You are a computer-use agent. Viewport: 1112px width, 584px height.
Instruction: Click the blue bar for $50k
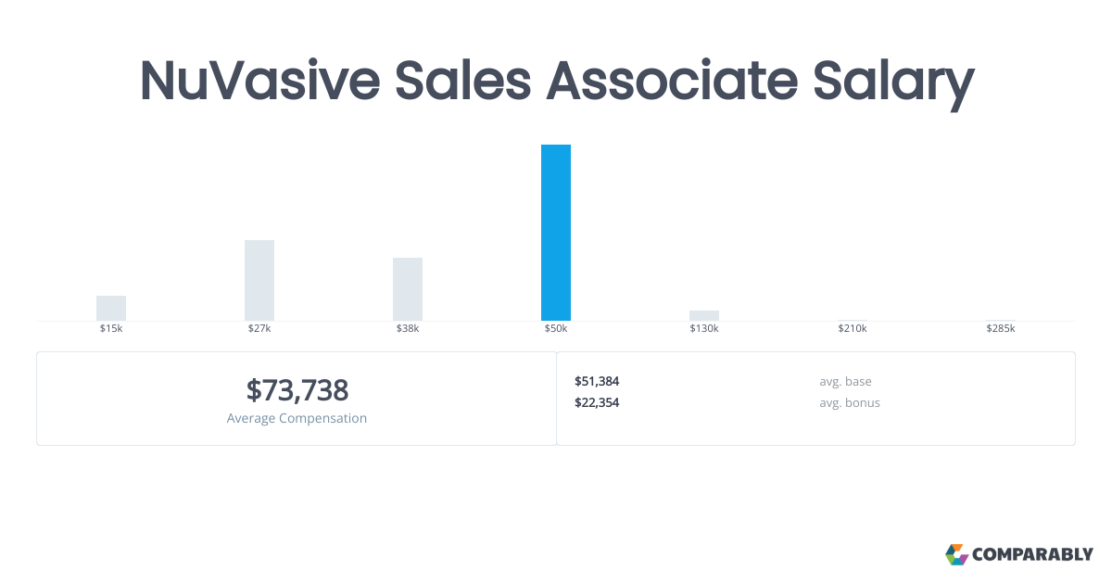pos(556,233)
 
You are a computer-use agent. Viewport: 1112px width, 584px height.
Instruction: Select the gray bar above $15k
pos(111,308)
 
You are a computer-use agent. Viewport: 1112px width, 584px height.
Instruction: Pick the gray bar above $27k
pos(259,280)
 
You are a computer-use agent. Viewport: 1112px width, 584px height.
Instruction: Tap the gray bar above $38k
pos(408,289)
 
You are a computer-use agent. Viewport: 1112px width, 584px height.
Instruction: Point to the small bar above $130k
pos(704,315)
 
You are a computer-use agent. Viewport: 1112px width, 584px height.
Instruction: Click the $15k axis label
pos(111,329)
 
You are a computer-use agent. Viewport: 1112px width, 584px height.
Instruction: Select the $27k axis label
pos(259,329)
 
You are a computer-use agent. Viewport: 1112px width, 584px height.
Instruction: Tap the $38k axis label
pos(408,329)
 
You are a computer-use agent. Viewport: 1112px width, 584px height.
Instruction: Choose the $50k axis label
pos(556,329)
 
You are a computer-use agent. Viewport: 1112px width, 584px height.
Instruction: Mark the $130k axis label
pos(704,329)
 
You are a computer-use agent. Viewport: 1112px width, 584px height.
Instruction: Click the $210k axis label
pos(853,329)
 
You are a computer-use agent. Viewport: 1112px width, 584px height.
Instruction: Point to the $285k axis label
pos(1001,329)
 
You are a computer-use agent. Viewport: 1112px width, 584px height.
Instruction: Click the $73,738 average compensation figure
pos(297,390)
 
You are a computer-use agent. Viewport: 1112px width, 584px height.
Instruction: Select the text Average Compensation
pos(297,418)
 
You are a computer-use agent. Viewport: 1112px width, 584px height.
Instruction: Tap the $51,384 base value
pos(597,381)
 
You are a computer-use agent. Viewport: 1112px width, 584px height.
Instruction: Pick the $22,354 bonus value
pos(597,402)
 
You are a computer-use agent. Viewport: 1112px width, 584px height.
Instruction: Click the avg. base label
pos(845,381)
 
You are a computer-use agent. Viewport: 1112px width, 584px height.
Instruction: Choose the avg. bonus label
pos(850,402)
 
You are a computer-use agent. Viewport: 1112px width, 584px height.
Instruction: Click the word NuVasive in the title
pos(259,80)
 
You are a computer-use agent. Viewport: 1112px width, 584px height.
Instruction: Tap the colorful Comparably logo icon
pos(956,554)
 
